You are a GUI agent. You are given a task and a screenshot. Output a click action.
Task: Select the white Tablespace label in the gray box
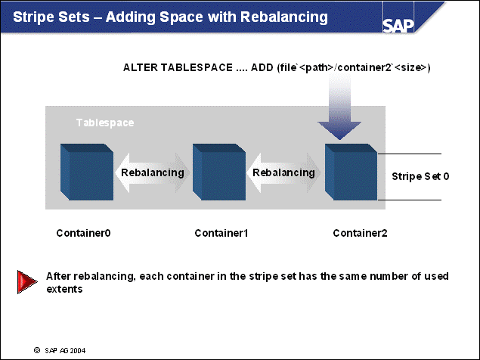click(x=104, y=122)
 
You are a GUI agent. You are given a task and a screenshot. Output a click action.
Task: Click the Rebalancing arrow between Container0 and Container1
click(x=152, y=172)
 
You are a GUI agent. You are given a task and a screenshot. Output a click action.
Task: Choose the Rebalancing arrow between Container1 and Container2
click(x=283, y=172)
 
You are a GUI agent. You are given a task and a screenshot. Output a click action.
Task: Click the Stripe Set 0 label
click(x=421, y=176)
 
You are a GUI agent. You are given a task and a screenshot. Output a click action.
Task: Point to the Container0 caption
click(x=83, y=233)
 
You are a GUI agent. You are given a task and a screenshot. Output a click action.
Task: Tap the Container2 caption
click(x=360, y=233)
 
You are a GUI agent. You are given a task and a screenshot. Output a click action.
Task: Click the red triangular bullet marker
click(x=27, y=282)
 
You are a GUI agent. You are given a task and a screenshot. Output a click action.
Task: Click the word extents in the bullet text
click(x=64, y=290)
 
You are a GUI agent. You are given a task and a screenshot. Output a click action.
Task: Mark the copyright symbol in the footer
click(x=36, y=351)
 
